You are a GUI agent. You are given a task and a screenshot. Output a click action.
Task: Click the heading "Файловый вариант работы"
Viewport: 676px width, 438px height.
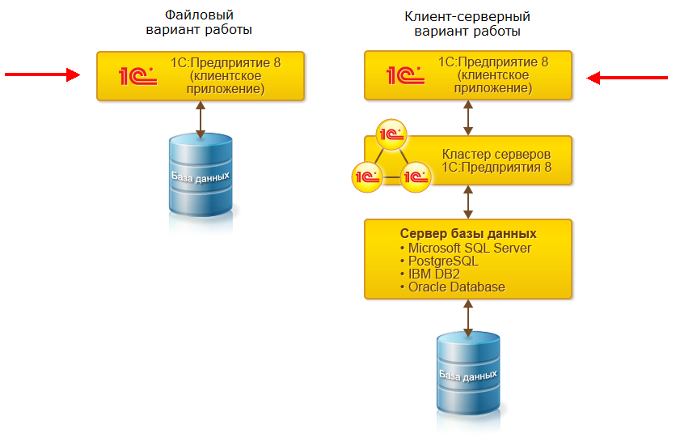pos(200,23)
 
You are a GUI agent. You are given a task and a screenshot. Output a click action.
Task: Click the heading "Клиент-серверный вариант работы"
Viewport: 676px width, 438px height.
pos(467,23)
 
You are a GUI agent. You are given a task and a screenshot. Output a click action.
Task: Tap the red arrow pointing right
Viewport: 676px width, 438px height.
pos(43,75)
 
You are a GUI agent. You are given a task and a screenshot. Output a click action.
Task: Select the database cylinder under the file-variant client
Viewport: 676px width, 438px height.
pos(200,176)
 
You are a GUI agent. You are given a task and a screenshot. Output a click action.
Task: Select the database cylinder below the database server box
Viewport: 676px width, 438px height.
pos(467,376)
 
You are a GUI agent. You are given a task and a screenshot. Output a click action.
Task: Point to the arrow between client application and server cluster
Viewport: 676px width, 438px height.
pos(468,118)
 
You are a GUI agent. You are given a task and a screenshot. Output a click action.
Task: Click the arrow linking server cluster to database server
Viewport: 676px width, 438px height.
pos(468,201)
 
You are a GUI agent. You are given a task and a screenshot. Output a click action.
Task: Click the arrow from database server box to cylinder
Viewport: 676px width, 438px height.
pos(468,317)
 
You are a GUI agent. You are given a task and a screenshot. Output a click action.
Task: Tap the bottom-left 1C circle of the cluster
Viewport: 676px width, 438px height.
pos(366,175)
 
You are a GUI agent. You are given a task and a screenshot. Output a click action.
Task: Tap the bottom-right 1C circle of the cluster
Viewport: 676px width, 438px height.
pos(416,176)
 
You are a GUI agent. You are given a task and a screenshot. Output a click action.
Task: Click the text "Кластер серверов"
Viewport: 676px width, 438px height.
pos(496,153)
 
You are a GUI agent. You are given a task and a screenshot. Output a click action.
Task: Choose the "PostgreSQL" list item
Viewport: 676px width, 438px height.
pos(443,262)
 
